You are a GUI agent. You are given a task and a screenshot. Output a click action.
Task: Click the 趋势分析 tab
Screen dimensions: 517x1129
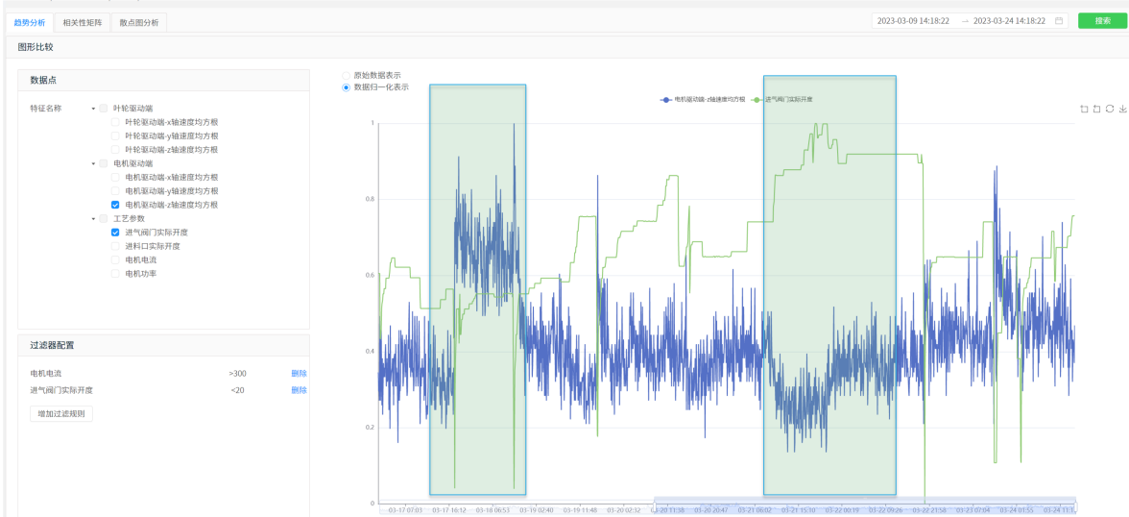(29, 22)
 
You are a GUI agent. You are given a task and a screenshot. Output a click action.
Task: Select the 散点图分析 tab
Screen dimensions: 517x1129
(139, 22)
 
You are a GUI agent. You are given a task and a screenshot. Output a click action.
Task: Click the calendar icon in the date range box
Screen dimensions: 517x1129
(1059, 21)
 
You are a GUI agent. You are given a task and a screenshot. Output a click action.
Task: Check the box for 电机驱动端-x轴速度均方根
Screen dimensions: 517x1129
(115, 177)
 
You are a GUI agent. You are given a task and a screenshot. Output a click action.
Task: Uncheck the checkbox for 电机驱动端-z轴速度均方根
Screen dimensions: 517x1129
(115, 205)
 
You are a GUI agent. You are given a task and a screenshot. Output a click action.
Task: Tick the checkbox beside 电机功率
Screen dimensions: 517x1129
(115, 274)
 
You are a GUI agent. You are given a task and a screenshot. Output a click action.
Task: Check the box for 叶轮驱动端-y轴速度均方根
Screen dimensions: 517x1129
(115, 135)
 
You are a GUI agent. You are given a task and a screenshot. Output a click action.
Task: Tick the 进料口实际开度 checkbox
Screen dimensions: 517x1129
(115, 246)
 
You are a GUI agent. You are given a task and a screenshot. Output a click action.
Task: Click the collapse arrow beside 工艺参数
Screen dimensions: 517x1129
(93, 219)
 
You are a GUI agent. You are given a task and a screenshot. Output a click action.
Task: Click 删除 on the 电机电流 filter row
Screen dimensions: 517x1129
(299, 373)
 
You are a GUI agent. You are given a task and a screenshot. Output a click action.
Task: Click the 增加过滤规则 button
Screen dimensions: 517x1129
(61, 413)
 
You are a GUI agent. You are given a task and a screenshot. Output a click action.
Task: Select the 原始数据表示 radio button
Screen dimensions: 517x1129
(347, 75)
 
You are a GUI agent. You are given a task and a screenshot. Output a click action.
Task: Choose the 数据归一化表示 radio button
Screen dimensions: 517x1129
(347, 86)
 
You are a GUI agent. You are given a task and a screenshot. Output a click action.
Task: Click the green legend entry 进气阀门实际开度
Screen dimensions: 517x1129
(782, 99)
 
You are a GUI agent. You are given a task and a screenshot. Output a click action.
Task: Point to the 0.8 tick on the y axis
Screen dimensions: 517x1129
(371, 199)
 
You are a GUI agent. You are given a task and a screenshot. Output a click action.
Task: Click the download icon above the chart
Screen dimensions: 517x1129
(1122, 109)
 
